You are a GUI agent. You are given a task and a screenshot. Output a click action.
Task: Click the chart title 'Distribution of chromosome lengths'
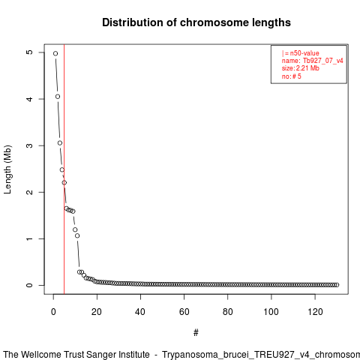196,22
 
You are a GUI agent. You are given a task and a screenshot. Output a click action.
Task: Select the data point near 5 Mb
55,53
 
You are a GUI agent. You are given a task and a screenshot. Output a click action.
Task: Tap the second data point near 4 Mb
58,97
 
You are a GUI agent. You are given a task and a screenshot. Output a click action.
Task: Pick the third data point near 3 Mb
60,143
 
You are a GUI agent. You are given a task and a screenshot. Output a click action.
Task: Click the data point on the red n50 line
64,183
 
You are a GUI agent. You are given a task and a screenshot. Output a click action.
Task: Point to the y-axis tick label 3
30,145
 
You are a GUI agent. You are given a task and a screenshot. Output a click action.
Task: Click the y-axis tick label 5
30,52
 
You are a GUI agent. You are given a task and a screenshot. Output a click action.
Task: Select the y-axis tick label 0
30,285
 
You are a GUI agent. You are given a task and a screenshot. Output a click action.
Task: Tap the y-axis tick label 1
30,238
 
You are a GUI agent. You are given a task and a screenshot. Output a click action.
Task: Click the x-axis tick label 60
184,312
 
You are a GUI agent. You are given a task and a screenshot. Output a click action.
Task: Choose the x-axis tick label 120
315,312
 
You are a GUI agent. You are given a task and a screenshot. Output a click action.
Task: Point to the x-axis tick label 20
97,312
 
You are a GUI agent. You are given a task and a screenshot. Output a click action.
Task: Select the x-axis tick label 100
271,312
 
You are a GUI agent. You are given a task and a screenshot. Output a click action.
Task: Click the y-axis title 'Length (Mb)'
8,169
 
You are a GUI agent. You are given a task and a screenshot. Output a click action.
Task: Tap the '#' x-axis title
196,333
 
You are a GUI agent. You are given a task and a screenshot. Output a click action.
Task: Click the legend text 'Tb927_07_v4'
323,61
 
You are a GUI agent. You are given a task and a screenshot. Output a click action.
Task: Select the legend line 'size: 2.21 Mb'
301,68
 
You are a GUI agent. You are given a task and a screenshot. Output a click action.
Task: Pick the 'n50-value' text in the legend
304,53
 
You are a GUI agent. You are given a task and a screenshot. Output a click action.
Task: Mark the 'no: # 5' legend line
292,76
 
